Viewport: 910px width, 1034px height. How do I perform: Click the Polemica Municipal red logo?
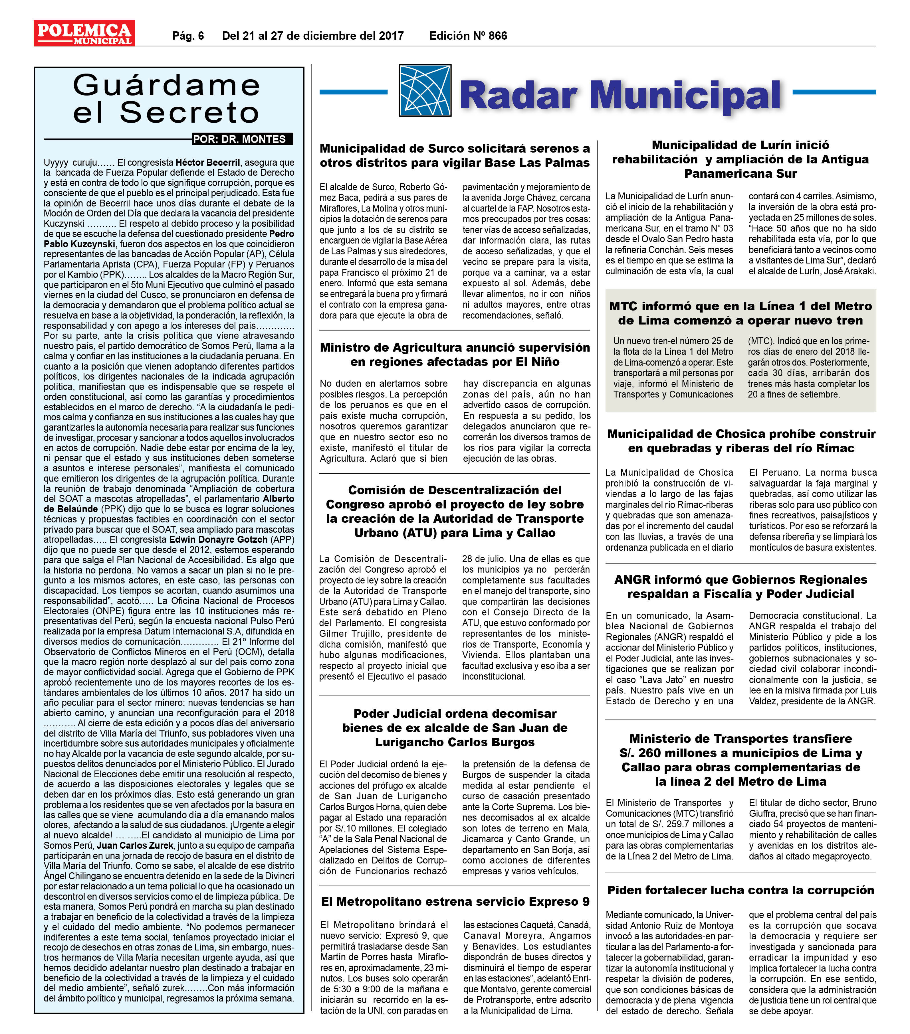coord(84,33)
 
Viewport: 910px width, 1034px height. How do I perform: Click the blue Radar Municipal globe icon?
coord(424,91)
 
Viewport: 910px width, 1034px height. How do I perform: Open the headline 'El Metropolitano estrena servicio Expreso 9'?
coord(455,901)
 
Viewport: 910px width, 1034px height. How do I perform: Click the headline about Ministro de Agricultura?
coord(455,355)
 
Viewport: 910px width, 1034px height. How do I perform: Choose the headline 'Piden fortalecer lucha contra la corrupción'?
coord(740,890)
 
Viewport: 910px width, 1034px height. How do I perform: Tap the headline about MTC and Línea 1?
coord(740,313)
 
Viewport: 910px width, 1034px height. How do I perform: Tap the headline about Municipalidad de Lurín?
coord(740,159)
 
